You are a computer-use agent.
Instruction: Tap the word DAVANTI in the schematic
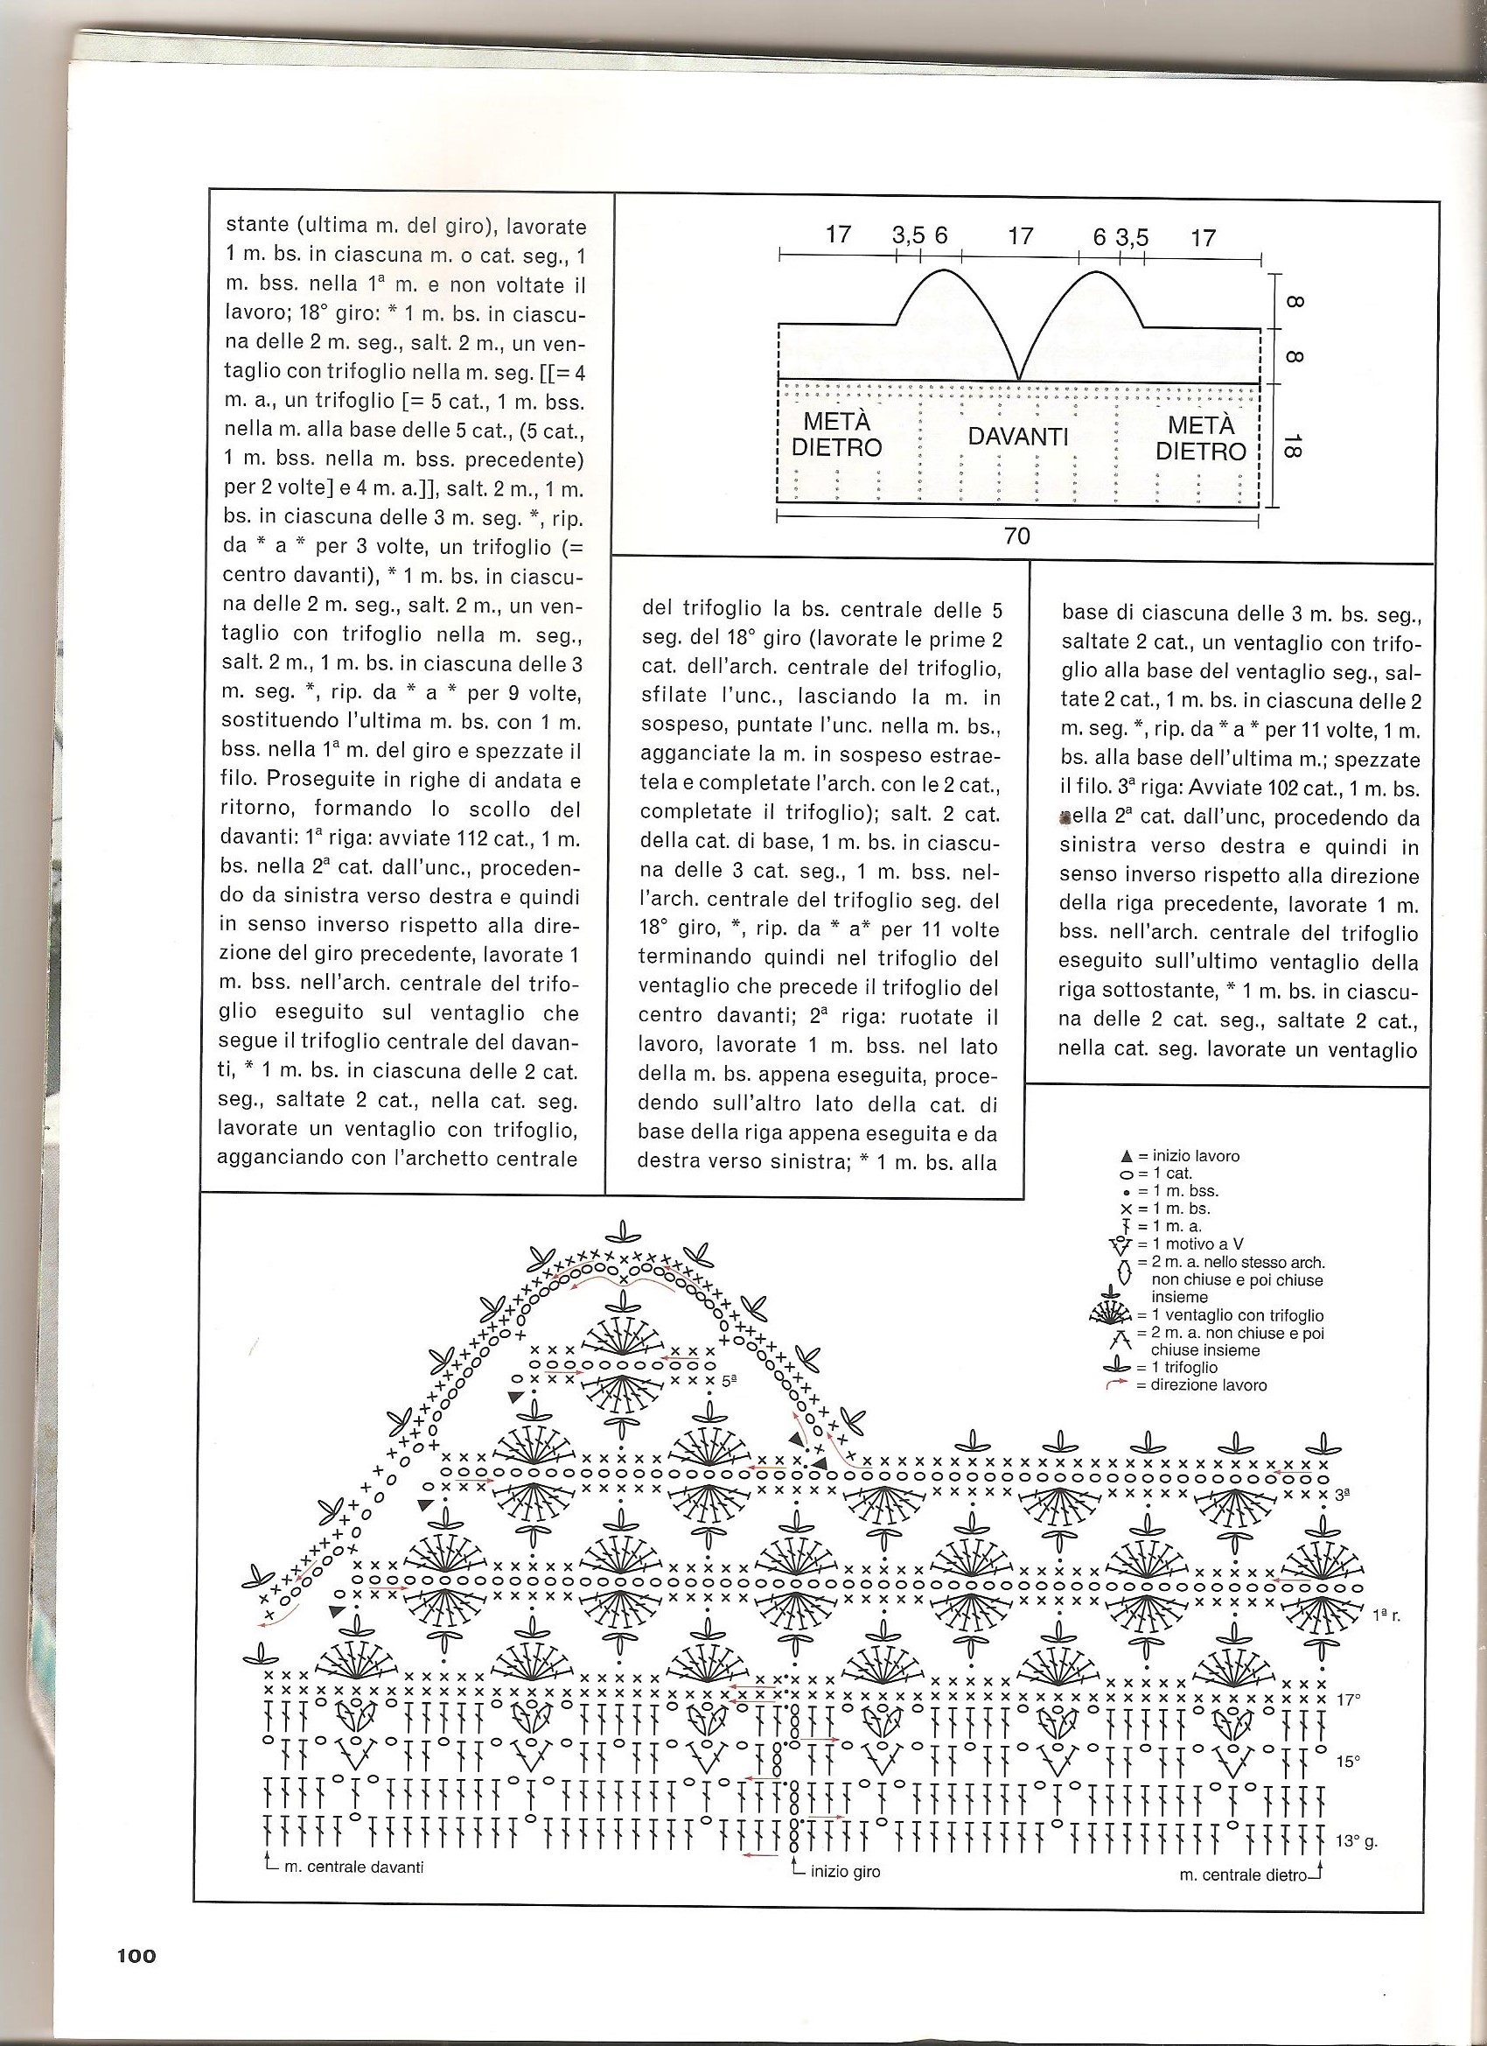tap(1018, 437)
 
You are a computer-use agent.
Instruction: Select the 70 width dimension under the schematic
tap(1016, 536)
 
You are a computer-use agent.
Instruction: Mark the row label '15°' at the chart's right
tap(1348, 1760)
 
